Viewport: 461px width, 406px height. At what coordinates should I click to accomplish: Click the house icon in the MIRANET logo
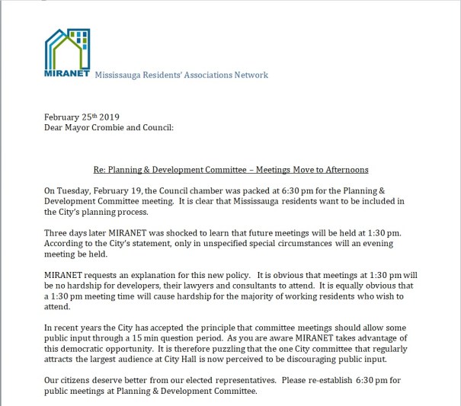(x=66, y=50)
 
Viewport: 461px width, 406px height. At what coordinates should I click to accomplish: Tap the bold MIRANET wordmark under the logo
(x=68, y=75)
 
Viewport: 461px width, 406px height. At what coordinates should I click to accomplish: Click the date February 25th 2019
(x=78, y=117)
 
